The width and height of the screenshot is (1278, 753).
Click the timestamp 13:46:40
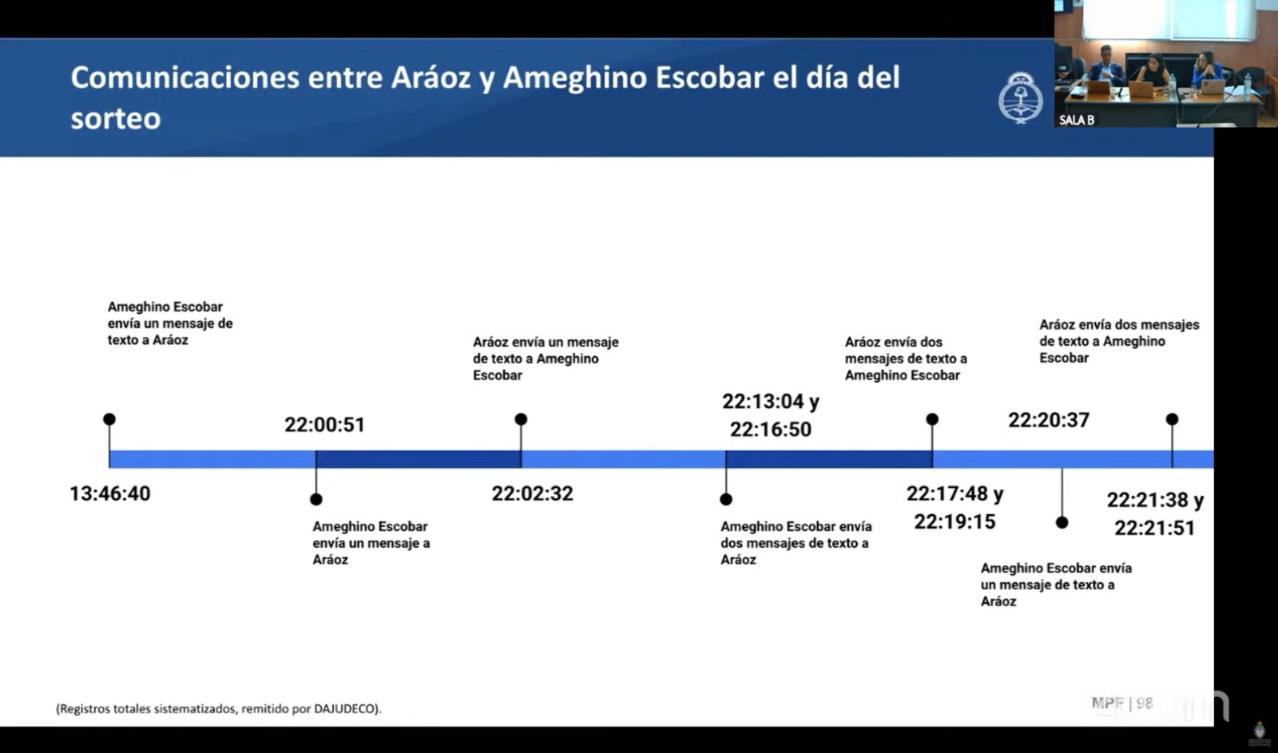click(x=110, y=493)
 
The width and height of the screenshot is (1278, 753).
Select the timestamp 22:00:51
click(x=324, y=425)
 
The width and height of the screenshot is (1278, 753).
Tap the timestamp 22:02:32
click(x=532, y=493)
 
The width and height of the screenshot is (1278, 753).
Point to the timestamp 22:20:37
click(x=1049, y=420)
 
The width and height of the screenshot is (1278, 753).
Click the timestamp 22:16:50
click(x=770, y=429)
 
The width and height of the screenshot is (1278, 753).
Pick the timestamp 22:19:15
click(x=955, y=521)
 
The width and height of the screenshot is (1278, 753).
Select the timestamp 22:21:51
click(x=1155, y=528)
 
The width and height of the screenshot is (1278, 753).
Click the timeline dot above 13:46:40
click(x=109, y=419)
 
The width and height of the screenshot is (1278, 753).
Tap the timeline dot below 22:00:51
click(x=316, y=499)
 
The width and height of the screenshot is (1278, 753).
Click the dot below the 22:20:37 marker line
click(x=1062, y=522)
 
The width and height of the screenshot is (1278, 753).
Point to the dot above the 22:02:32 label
click(x=521, y=419)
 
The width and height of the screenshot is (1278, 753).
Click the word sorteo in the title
click(x=116, y=119)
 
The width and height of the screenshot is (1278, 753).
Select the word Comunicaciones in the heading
click(x=185, y=77)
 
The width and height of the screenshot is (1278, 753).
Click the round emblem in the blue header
click(x=1021, y=97)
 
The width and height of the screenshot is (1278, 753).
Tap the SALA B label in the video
click(x=1077, y=120)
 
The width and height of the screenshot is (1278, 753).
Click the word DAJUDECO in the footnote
click(x=344, y=708)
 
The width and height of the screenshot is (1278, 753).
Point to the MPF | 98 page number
click(x=1122, y=703)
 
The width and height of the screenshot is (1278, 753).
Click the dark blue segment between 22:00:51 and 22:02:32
click(x=419, y=459)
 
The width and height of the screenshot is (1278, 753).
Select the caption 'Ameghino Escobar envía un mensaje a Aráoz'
click(x=371, y=542)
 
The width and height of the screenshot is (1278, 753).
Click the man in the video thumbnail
click(x=1105, y=67)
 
